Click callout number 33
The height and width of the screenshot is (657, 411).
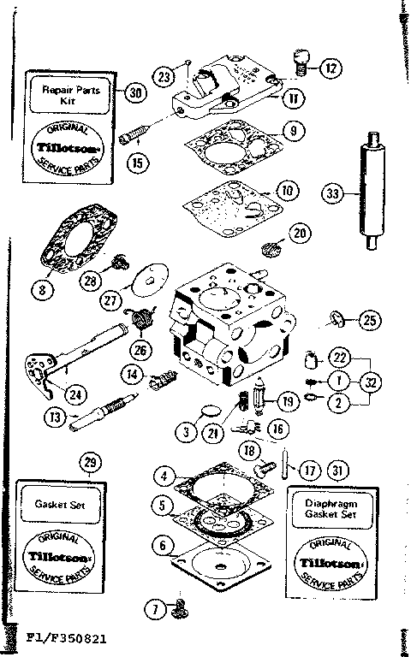[x=334, y=193]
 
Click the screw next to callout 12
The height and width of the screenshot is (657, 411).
[x=301, y=59]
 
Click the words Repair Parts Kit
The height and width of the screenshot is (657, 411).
[x=72, y=93]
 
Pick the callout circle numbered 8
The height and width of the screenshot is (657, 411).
[x=41, y=289]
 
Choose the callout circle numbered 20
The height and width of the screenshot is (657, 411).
[x=299, y=232]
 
